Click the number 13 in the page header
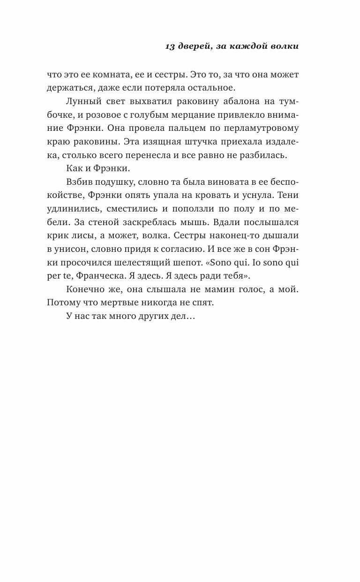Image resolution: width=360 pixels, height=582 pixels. [170, 46]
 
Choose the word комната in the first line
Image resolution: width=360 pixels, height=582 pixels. [109, 75]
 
